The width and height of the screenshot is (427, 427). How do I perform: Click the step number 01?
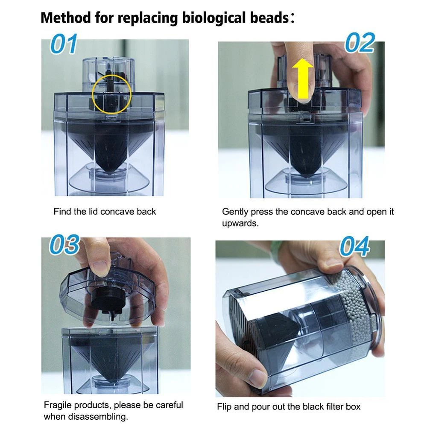[x=64, y=44]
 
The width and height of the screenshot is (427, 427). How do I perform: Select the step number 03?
[x=64, y=244]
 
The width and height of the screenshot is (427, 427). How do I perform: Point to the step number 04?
[x=354, y=246]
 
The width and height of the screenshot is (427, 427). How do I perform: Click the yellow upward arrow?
[x=302, y=79]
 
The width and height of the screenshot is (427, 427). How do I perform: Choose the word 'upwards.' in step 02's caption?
[x=240, y=224]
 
